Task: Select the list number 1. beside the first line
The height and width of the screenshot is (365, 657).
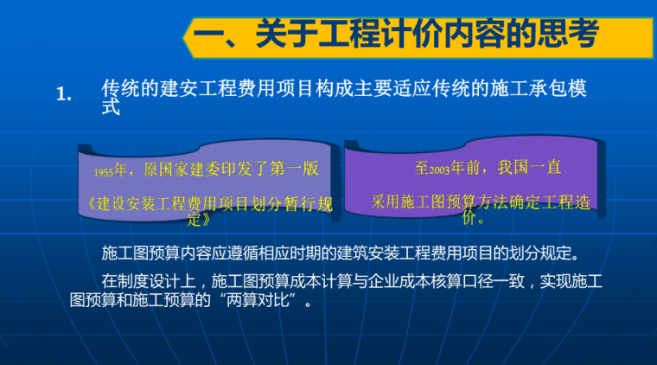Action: [62, 95]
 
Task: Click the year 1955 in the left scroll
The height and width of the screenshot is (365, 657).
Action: [108, 171]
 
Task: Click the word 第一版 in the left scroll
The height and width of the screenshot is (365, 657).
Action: [293, 170]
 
